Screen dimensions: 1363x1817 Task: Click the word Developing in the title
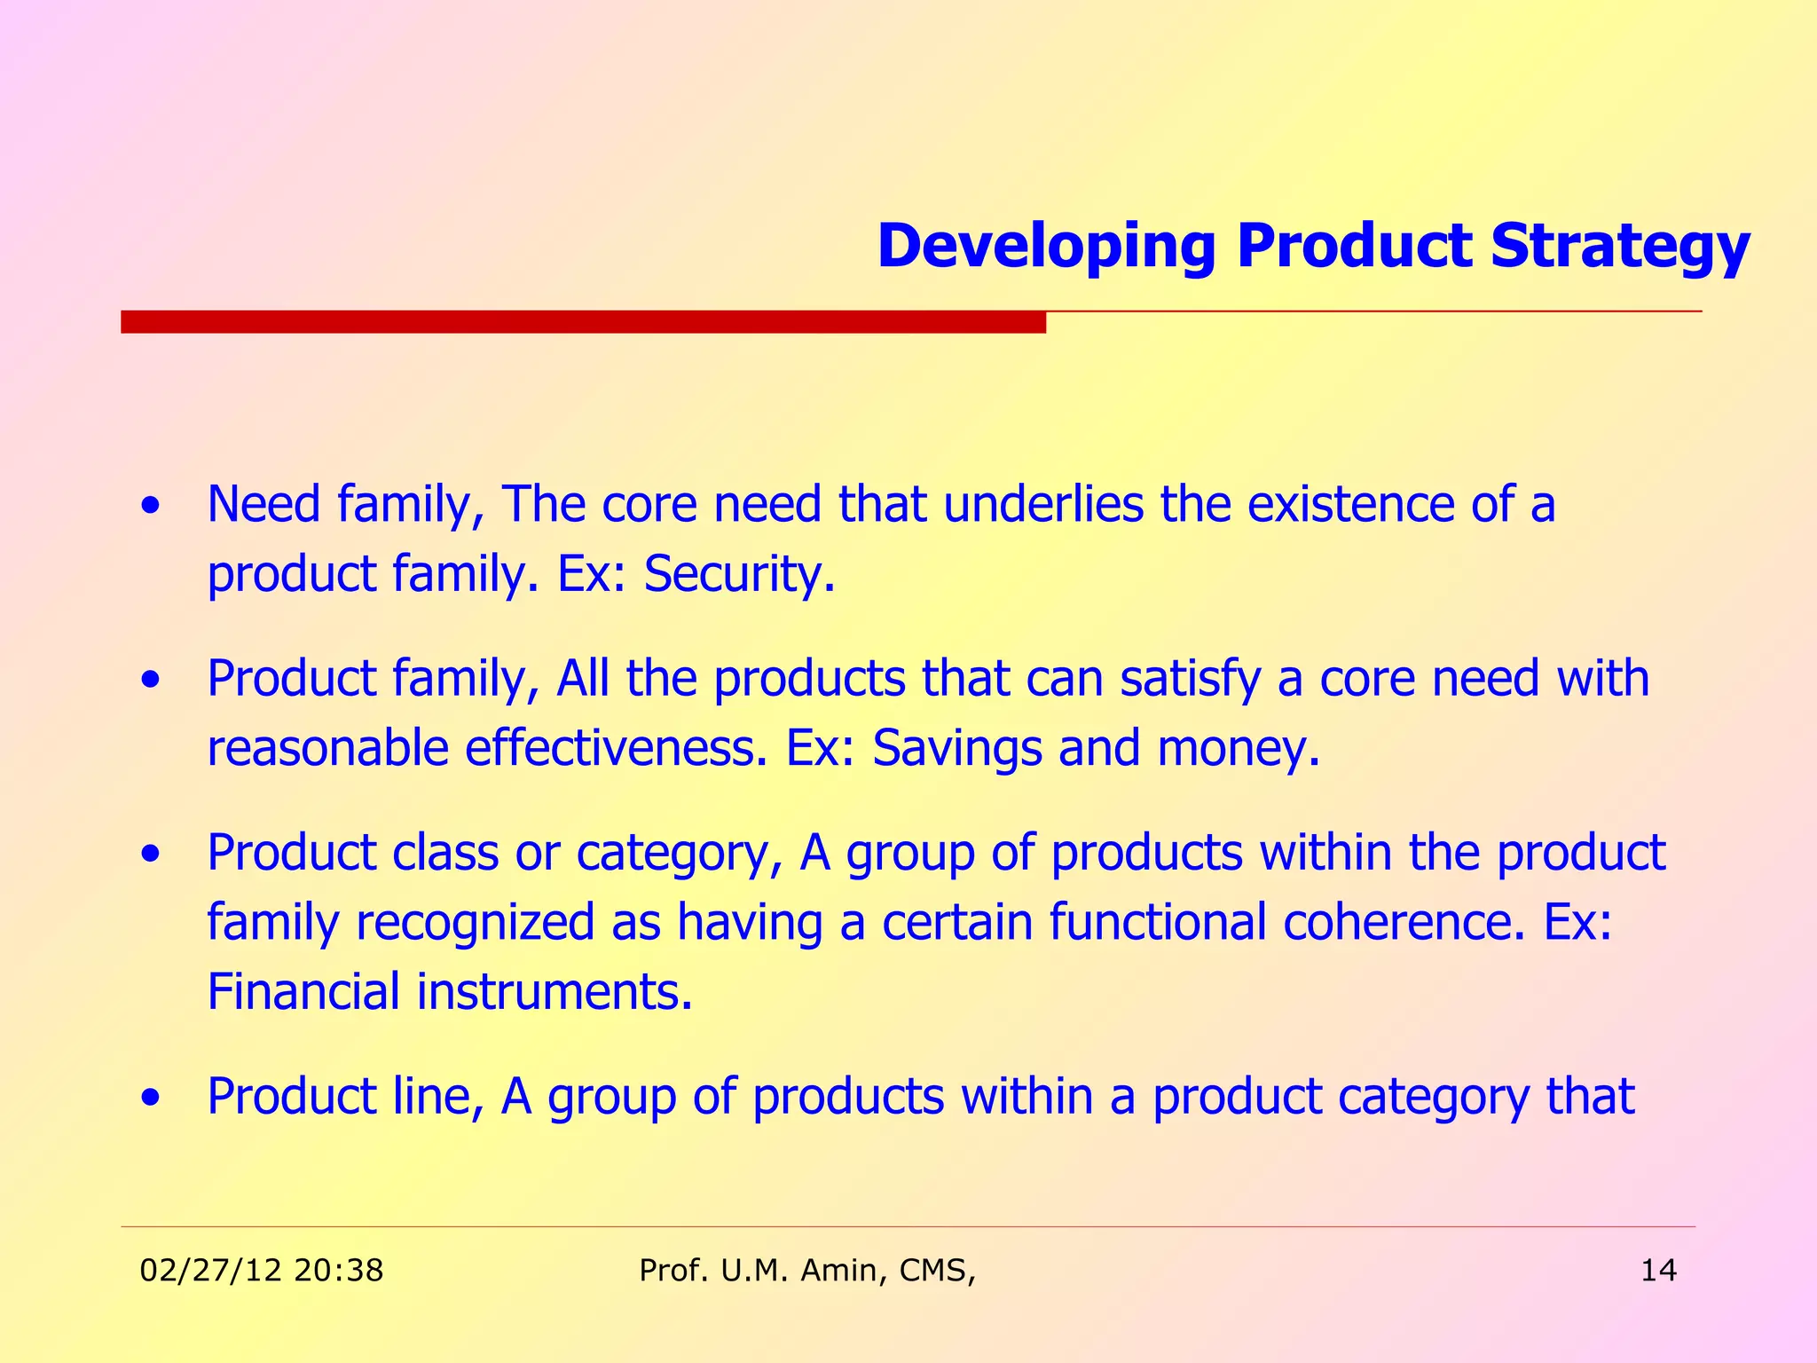(1046, 247)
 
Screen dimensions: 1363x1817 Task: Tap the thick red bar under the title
(583, 322)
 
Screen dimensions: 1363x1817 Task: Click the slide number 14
(1658, 1271)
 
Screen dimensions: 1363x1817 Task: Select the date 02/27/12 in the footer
(210, 1271)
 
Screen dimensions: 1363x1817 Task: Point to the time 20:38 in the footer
(338, 1271)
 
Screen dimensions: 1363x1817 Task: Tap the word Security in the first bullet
(739, 574)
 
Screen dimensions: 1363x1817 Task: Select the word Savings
(956, 748)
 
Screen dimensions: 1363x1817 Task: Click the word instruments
(555, 991)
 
